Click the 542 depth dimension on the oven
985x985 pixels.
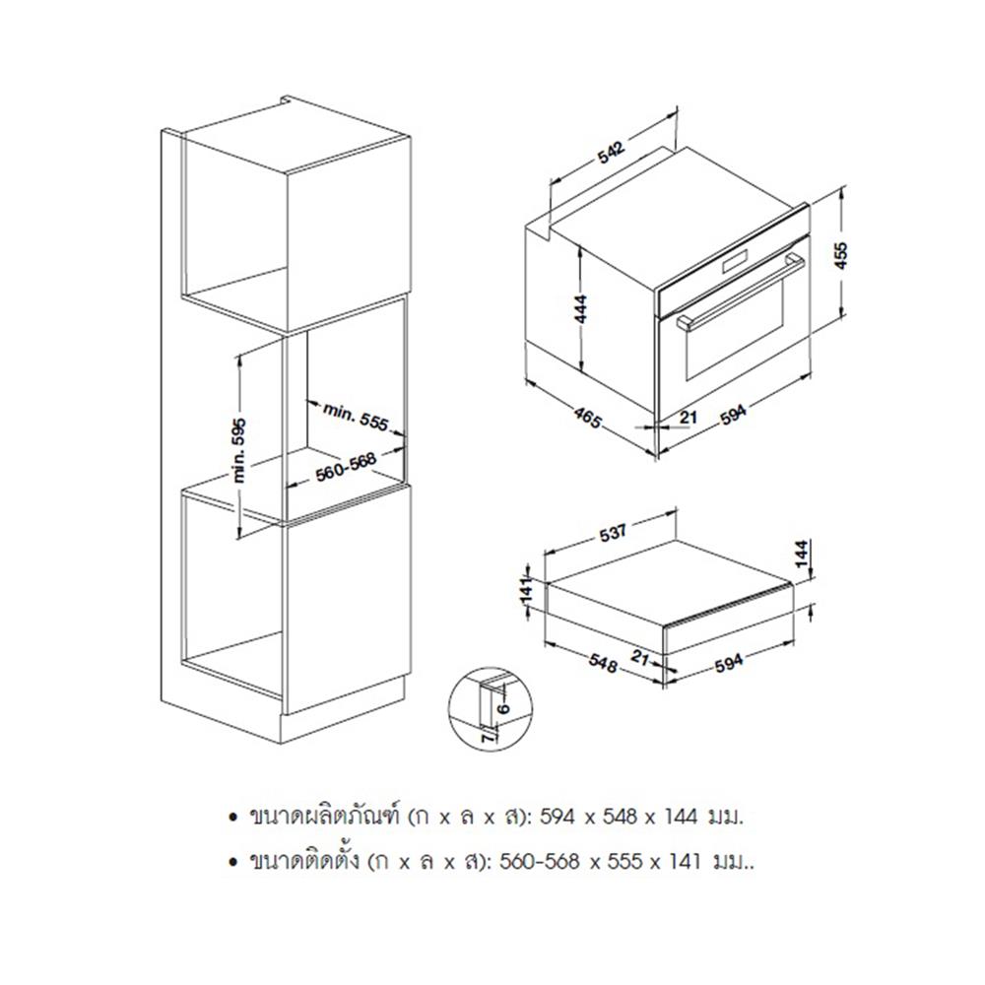tap(611, 152)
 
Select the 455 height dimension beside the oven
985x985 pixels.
tap(840, 255)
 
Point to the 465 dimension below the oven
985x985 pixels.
tap(587, 418)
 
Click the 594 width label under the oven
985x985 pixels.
tap(733, 414)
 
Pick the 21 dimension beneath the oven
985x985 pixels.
tap(689, 416)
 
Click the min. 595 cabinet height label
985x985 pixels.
tap(239, 450)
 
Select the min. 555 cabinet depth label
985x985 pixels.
tap(356, 417)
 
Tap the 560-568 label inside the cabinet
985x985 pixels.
tap(346, 466)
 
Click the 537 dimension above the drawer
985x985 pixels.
tap(613, 533)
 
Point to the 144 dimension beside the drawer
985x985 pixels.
tap(802, 554)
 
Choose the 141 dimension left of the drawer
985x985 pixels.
tap(526, 589)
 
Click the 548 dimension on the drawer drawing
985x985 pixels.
tap(603, 663)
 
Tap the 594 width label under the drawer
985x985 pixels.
tap(729, 662)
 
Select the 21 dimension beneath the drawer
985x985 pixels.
tap(639, 658)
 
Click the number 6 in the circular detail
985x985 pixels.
tap(503, 708)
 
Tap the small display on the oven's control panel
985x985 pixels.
tap(735, 263)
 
